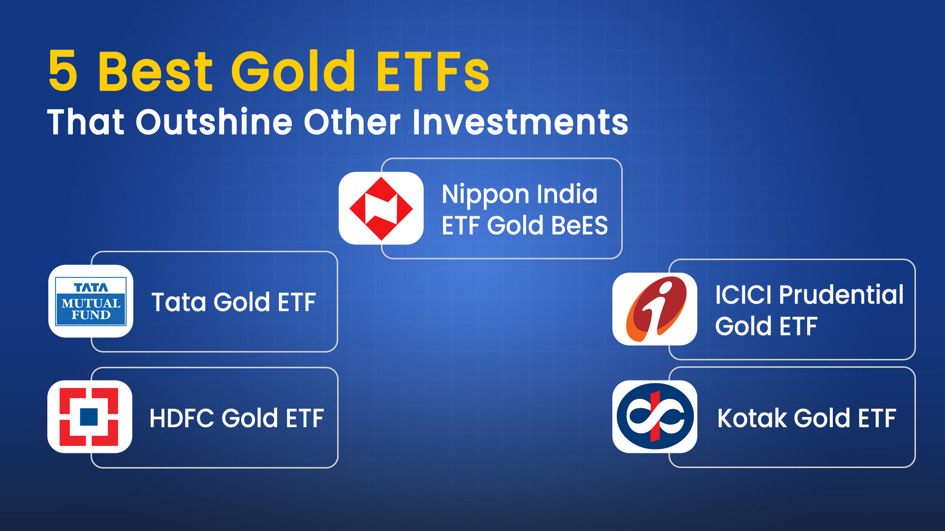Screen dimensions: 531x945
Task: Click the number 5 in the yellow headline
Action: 63,72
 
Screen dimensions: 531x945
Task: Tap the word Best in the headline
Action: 156,72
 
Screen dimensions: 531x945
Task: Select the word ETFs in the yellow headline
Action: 433,72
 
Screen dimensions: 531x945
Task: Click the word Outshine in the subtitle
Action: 214,122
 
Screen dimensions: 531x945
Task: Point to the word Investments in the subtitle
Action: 520,122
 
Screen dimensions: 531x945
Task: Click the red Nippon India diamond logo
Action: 381,208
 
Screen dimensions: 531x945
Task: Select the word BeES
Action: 579,226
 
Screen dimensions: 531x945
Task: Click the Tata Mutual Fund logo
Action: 91,301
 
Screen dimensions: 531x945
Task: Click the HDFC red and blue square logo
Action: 90,417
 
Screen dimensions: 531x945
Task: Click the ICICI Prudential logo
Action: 655,309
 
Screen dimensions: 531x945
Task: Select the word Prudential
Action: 842,295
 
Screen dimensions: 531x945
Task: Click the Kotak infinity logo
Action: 655,416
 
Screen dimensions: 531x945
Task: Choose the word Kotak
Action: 752,418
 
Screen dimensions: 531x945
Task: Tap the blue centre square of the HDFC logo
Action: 89,417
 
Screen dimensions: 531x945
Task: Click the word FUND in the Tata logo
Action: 91,315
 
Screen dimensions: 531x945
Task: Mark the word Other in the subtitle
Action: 352,122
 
